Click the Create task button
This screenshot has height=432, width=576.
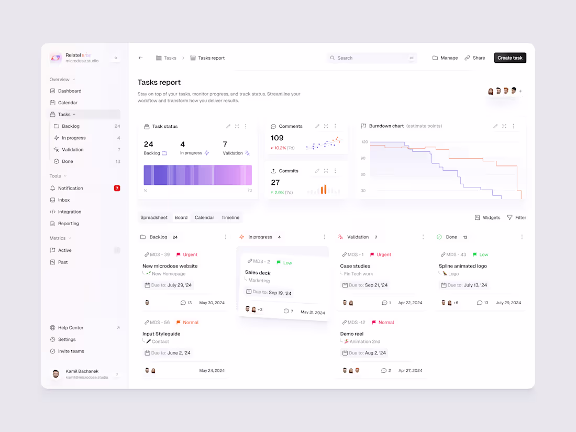tap(509, 58)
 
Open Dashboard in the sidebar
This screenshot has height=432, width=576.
tap(70, 91)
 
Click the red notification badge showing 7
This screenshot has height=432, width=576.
tap(117, 188)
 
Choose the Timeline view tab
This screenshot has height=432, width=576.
tap(230, 218)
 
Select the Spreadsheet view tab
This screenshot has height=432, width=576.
tap(154, 218)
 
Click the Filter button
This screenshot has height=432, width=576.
tap(516, 218)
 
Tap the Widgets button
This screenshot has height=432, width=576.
tap(488, 218)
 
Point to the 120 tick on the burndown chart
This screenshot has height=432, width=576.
tap(363, 142)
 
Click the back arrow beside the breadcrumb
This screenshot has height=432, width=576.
tap(140, 58)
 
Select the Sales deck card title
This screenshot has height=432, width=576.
tap(258, 273)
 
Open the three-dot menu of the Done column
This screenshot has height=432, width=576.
tap(522, 237)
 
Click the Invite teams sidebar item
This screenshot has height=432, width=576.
tap(71, 351)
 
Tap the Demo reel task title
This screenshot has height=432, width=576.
tap(352, 334)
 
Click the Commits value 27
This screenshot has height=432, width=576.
tap(275, 183)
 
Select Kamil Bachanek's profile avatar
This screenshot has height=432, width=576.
tap(56, 374)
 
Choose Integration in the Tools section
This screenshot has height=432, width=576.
tap(70, 212)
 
